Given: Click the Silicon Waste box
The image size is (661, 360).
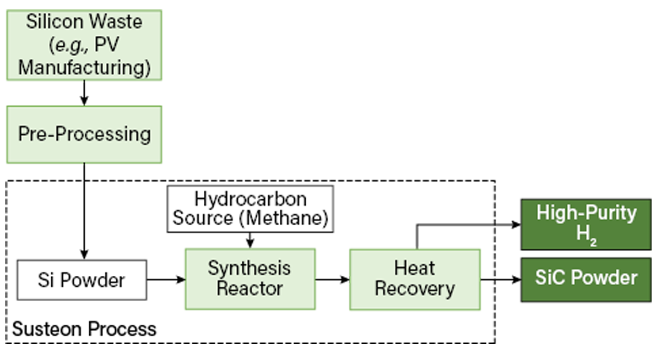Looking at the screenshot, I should tap(84, 45).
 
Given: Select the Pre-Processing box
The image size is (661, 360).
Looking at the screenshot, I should tap(84, 134).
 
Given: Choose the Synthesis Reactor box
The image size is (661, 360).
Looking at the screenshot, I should tap(250, 279).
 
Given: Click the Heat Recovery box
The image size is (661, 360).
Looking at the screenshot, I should tap(415, 279).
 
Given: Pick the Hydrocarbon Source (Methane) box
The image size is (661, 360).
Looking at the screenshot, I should tap(250, 208).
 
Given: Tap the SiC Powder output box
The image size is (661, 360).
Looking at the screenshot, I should tap(586, 279).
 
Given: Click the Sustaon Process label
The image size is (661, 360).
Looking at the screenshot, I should tap(84, 329).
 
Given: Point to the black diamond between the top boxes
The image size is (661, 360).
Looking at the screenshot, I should tap(84, 94).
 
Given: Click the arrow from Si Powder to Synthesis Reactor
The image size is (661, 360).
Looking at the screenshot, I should tap(165, 280).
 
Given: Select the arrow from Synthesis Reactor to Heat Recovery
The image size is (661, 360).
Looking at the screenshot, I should tap(333, 280).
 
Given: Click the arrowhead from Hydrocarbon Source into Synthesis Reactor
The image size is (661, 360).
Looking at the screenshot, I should tap(250, 242).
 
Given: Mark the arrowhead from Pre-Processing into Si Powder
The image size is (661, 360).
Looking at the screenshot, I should tap(84, 254).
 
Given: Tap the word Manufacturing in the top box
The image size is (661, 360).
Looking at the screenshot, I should tap(84, 68).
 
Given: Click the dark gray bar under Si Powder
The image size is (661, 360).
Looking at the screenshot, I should tap(82, 304).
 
